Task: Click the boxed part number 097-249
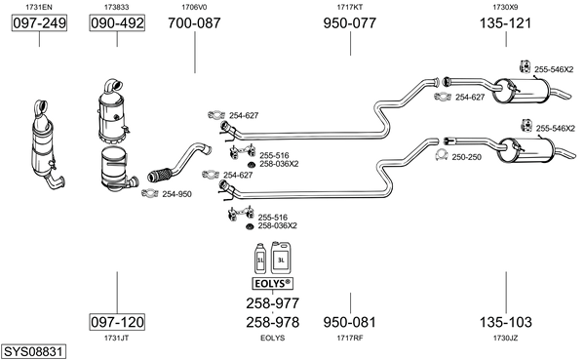pyautogui.click(x=39, y=23)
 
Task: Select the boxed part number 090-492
pyautogui.click(x=117, y=23)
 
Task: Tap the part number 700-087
pyautogui.click(x=194, y=23)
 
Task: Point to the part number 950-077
pyautogui.click(x=350, y=23)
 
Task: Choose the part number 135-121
pyautogui.click(x=505, y=23)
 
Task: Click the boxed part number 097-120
pyautogui.click(x=117, y=322)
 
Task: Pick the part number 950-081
pyautogui.click(x=350, y=322)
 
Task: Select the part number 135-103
pyautogui.click(x=505, y=322)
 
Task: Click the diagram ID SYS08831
pyautogui.click(x=33, y=352)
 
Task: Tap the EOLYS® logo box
pyautogui.click(x=272, y=284)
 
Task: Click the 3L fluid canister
pyautogui.click(x=281, y=258)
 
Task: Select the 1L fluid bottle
pyautogui.click(x=260, y=259)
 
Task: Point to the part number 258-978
pyautogui.click(x=273, y=322)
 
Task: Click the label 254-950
pyautogui.click(x=176, y=194)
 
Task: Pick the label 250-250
pyautogui.click(x=467, y=157)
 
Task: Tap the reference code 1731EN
pyautogui.click(x=39, y=7)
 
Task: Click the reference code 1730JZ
pyautogui.click(x=505, y=338)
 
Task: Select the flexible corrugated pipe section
pyautogui.click(x=160, y=176)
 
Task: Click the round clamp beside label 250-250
pyautogui.click(x=442, y=154)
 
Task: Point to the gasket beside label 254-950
pyautogui.click(x=150, y=193)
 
